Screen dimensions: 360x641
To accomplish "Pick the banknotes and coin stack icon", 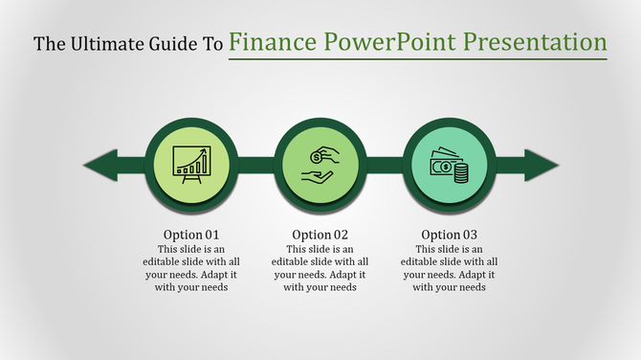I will point(449,166).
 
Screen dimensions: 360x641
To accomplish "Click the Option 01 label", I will point(190,235).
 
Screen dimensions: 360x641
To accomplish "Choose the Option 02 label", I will point(320,235).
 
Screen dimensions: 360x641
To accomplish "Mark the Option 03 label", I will point(450,235).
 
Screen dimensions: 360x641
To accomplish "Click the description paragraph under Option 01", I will point(190,267).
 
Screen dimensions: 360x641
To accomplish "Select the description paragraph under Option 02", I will point(320,267).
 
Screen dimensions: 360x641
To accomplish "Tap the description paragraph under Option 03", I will point(450,267).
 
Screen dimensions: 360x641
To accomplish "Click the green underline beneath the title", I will point(418,59).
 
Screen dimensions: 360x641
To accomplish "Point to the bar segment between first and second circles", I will point(254,165).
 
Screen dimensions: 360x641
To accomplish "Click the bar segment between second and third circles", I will point(384,165).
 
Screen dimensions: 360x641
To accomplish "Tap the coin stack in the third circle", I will point(460,173).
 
